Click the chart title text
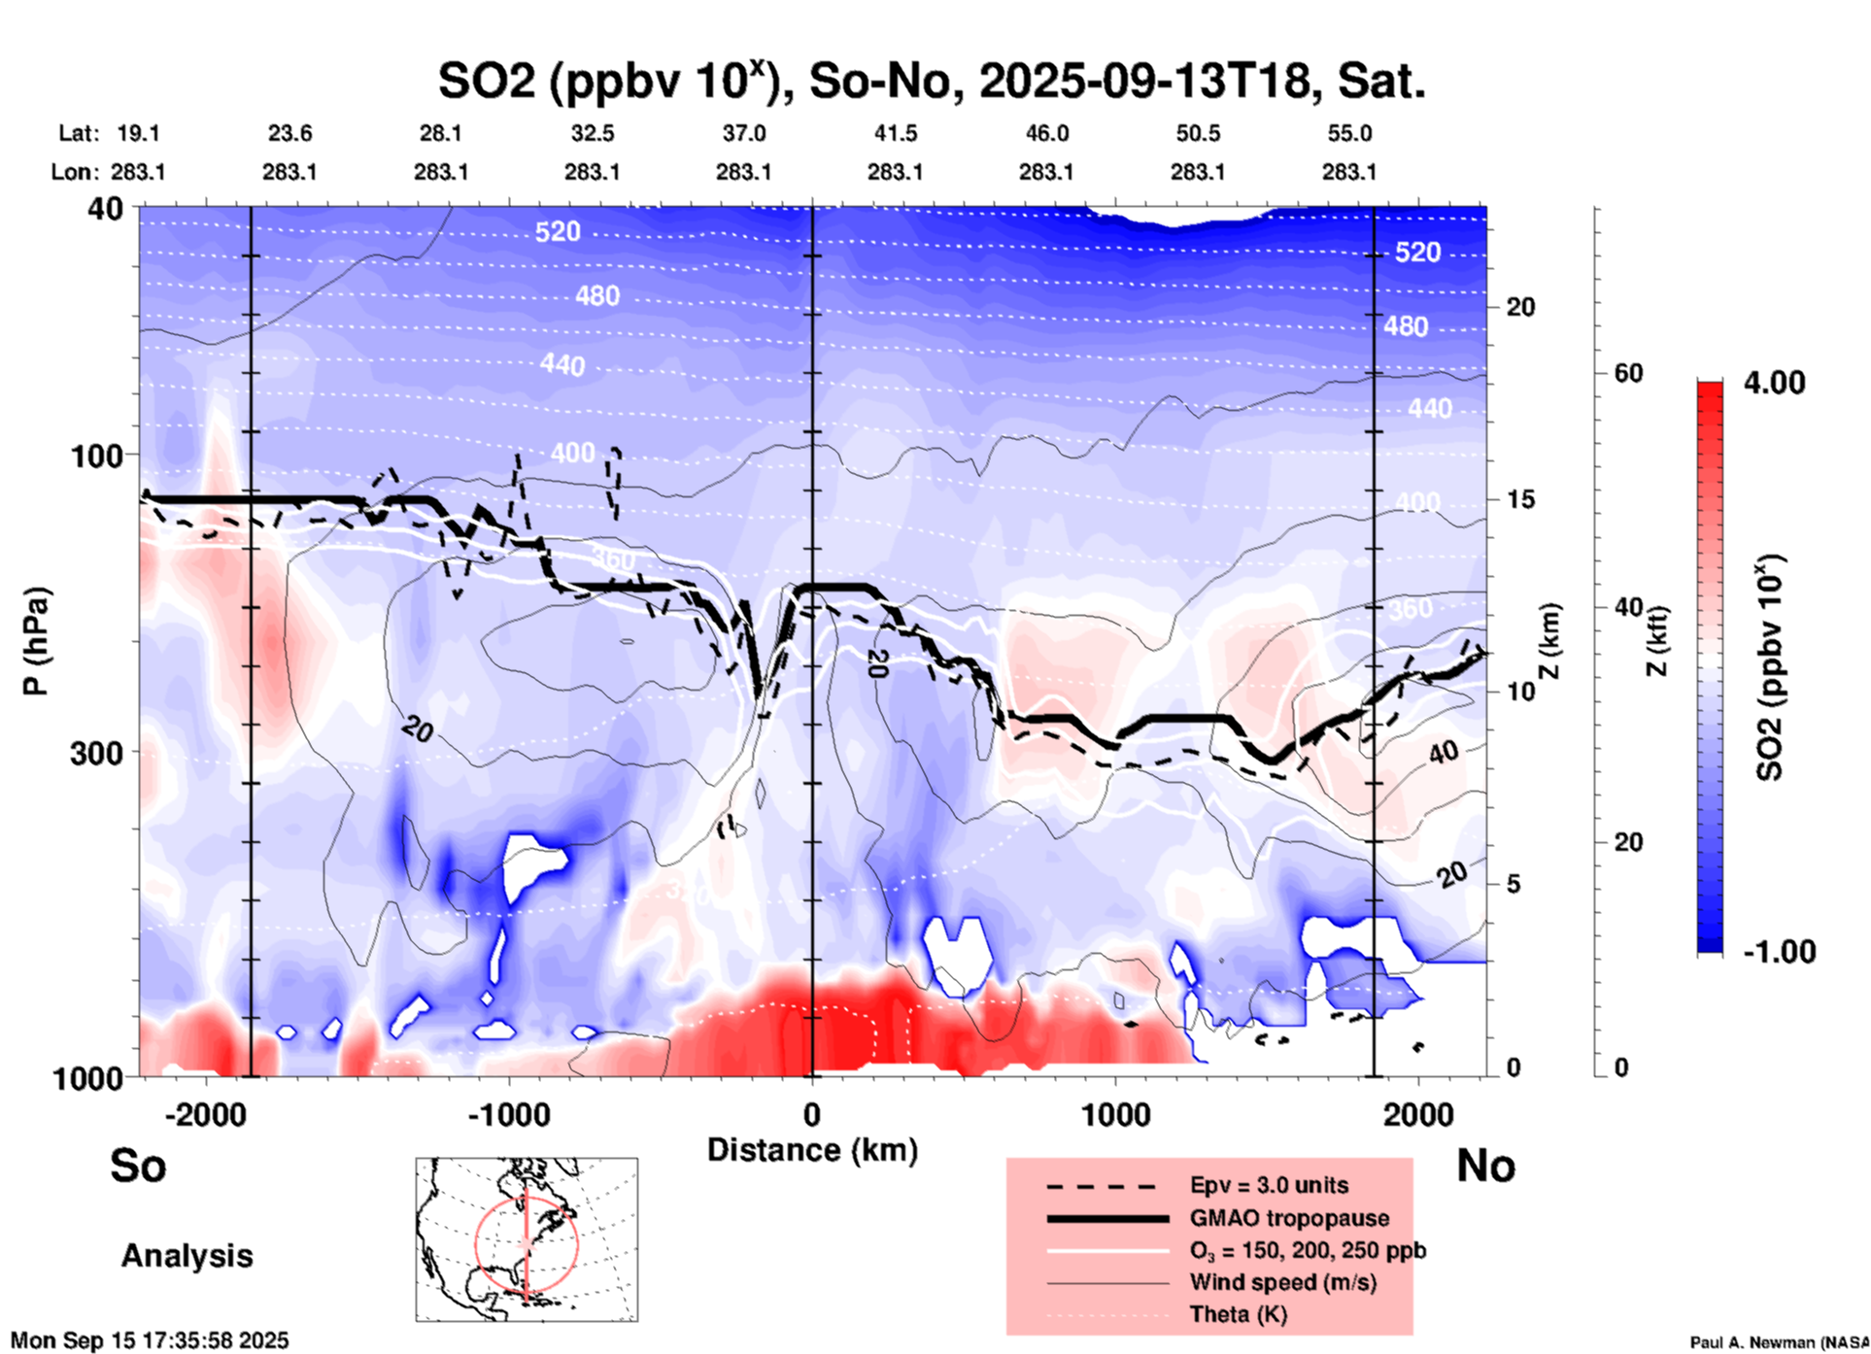931,82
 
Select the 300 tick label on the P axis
97,753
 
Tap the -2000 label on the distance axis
206,1115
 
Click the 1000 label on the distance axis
1115,1115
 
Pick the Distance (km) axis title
812,1150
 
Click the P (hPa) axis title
37,641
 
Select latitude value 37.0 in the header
743,133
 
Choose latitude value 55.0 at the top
1349,133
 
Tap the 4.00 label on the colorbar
1774,383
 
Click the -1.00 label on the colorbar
1779,952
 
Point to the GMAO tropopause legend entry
1289,1218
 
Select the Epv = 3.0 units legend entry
1269,1185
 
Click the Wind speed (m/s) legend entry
1282,1282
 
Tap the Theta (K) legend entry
1238,1314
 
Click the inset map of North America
527,1238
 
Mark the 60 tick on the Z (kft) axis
1628,373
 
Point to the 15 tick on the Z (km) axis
1519,499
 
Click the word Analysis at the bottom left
187,1256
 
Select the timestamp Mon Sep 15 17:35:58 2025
150,1340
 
